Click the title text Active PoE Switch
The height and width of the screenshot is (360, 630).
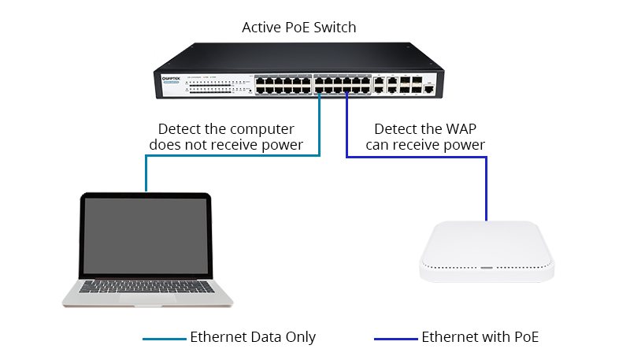point(298,28)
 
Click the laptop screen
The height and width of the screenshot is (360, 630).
point(146,237)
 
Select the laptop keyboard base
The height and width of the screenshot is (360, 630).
point(149,291)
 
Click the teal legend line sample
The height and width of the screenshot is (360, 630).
point(164,340)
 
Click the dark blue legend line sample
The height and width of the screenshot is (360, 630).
point(395,340)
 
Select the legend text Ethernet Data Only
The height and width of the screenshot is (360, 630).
point(253,337)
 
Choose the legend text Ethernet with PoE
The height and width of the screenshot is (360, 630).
point(480,337)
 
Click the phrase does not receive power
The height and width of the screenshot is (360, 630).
point(230,145)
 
